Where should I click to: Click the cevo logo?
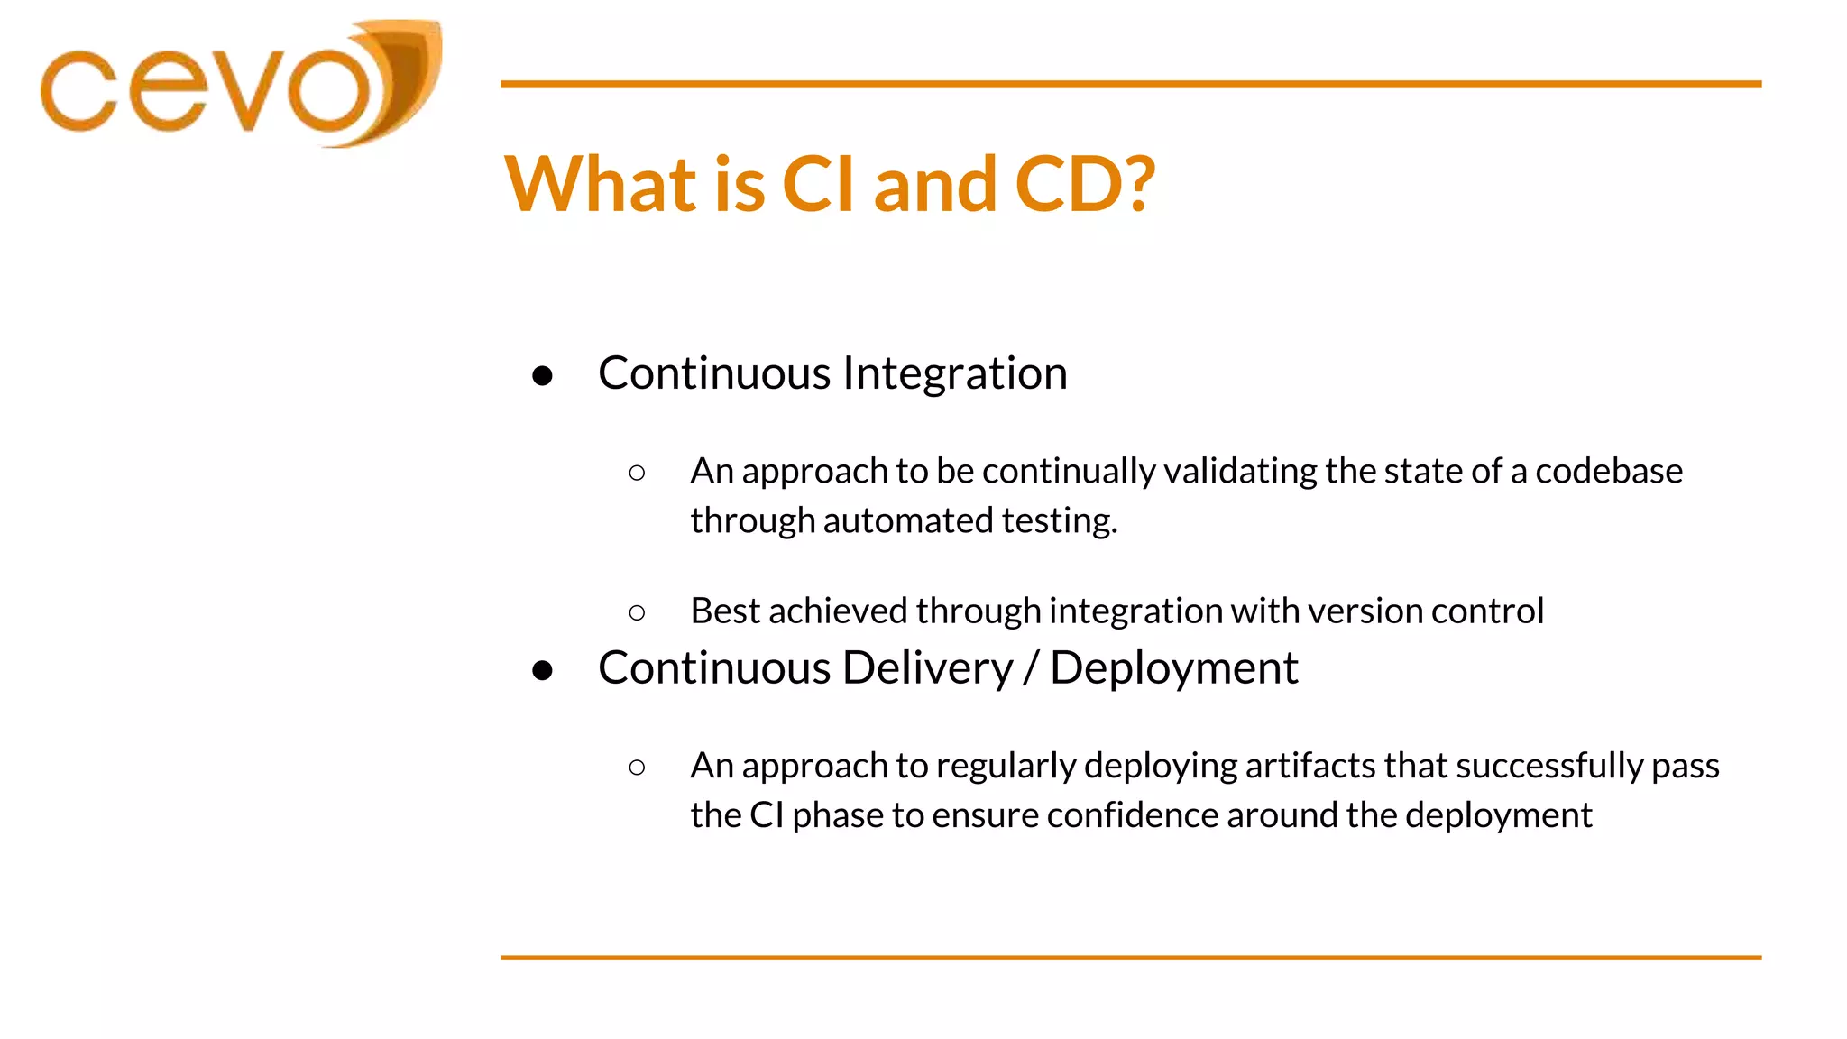[240, 85]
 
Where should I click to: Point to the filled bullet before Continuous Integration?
[542, 375]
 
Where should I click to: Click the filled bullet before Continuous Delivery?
[542, 670]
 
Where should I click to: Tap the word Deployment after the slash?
[1173, 668]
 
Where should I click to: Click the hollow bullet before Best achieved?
[637, 613]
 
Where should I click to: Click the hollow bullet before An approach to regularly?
[637, 768]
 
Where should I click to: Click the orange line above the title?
[1130, 84]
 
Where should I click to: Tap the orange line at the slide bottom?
[1130, 957]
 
